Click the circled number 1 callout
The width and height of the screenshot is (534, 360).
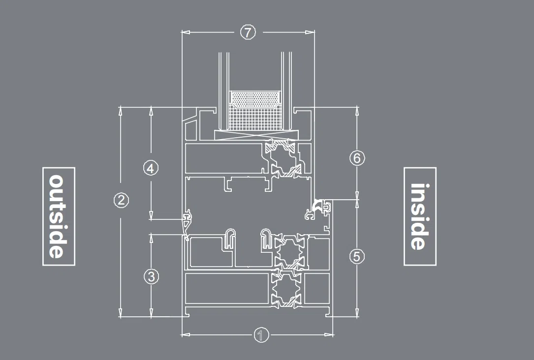coord(261,335)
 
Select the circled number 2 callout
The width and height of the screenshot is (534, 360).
coord(121,200)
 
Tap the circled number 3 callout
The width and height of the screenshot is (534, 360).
coord(151,276)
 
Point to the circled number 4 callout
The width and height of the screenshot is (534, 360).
coord(151,168)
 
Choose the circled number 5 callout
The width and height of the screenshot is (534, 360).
coord(357,256)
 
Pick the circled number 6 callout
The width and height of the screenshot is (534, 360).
coord(357,158)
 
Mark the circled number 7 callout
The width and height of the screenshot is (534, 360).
coord(248,32)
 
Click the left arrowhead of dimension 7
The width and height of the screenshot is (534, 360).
coord(186,32)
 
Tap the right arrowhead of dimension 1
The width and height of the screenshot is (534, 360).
coord(329,335)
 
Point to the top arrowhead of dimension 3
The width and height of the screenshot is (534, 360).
coord(151,239)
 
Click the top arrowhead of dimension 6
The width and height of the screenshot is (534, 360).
coord(357,111)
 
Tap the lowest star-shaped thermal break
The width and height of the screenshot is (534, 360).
coord(286,290)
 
